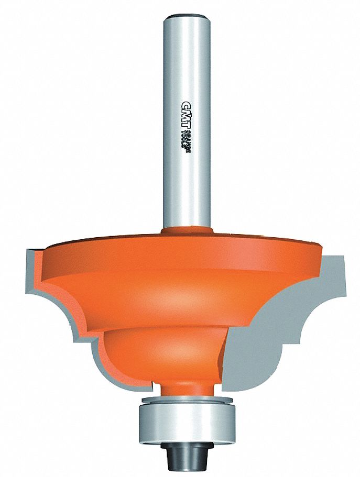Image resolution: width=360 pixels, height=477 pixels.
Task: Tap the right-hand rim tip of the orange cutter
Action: point(319,252)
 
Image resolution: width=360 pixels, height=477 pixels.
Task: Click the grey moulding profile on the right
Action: point(293,314)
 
